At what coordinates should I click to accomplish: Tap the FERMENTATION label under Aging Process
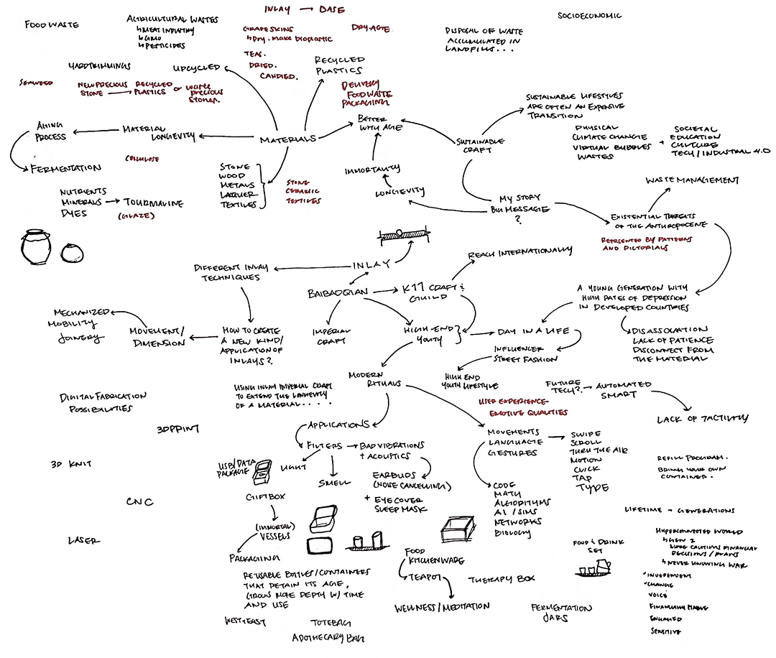(x=65, y=168)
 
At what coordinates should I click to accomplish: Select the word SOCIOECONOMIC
(x=590, y=16)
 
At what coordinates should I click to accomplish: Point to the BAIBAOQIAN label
(x=337, y=293)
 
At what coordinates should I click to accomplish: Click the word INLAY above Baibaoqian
(x=372, y=265)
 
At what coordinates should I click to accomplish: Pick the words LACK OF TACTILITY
(x=703, y=419)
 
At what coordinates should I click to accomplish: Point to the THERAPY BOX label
(x=502, y=579)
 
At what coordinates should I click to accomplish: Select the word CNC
(x=140, y=502)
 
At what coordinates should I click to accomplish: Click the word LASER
(x=83, y=541)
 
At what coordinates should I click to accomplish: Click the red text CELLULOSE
(x=142, y=158)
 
